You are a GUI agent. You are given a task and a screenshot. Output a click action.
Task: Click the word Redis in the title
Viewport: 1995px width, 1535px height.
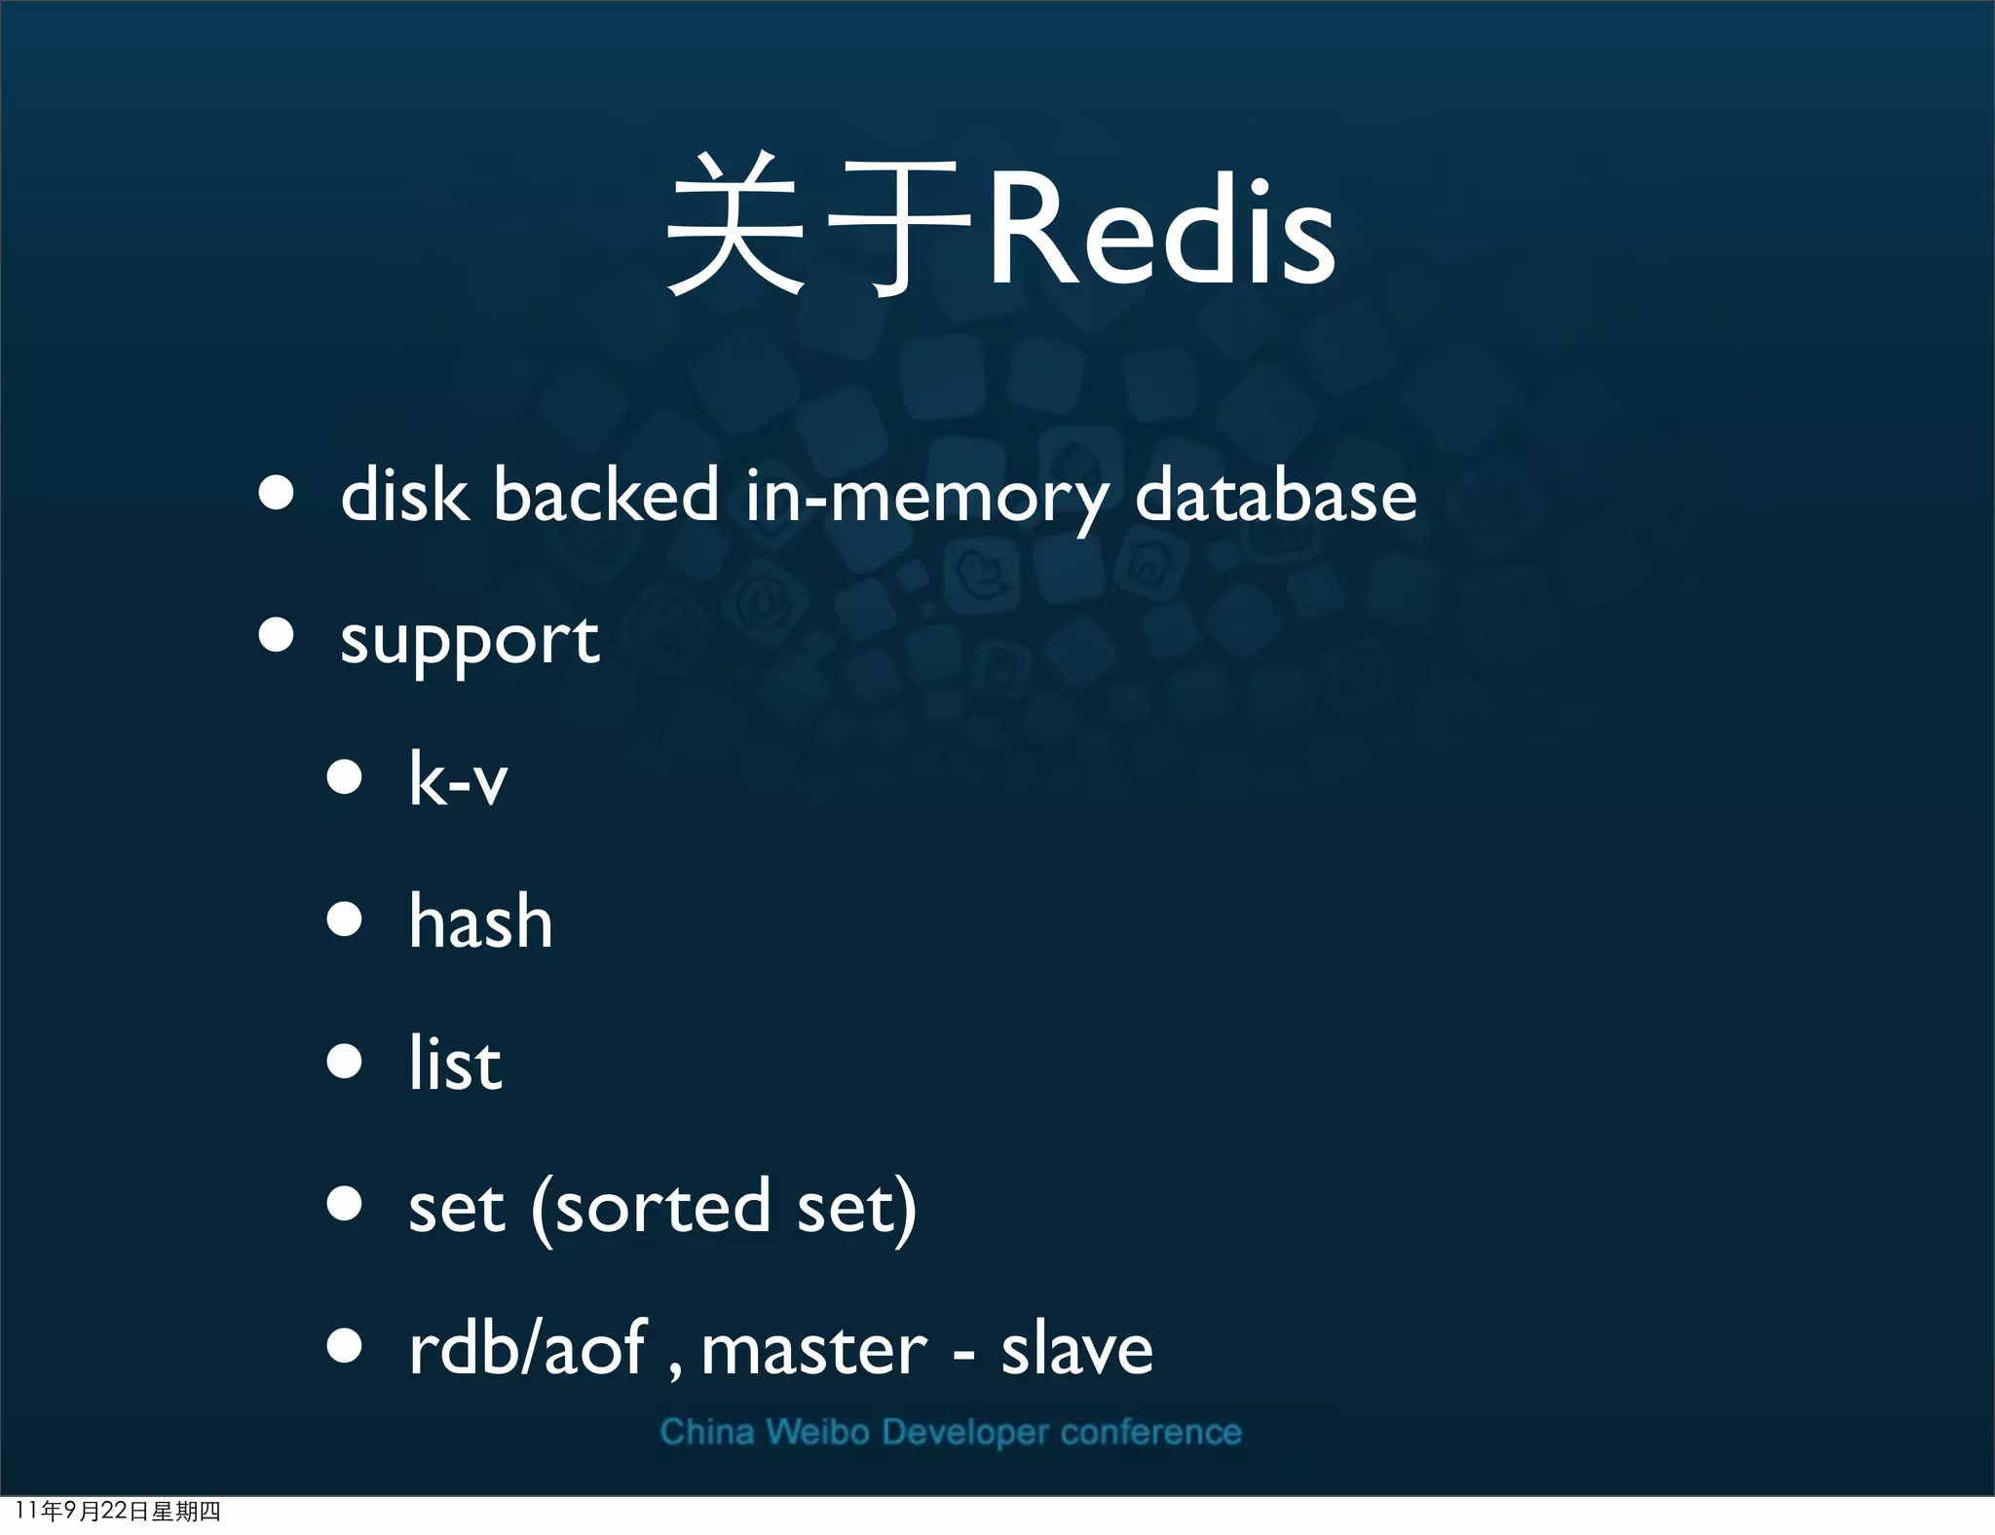pos(1161,232)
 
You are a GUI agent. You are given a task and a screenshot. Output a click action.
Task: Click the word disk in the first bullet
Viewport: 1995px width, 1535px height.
pos(404,495)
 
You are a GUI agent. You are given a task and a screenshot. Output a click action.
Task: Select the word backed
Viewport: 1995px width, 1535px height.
pos(606,495)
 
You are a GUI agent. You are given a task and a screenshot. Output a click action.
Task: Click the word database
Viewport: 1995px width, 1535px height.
pos(1275,495)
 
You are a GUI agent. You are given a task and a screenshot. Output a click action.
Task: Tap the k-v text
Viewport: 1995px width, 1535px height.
pos(458,779)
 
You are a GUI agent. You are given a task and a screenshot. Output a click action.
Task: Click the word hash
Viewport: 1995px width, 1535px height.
pos(480,920)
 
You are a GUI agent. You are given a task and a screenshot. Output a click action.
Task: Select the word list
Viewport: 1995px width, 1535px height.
pos(455,1063)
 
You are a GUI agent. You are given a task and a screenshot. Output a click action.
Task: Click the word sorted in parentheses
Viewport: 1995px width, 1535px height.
pos(662,1206)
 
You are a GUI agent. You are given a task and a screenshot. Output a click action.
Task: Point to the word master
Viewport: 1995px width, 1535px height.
pos(813,1350)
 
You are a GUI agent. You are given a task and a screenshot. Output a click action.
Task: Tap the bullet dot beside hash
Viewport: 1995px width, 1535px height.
pos(345,918)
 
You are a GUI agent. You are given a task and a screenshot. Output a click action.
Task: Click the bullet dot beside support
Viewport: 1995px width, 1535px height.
pos(277,635)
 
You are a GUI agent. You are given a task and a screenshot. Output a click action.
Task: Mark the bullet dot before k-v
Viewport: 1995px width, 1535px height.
pos(345,777)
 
